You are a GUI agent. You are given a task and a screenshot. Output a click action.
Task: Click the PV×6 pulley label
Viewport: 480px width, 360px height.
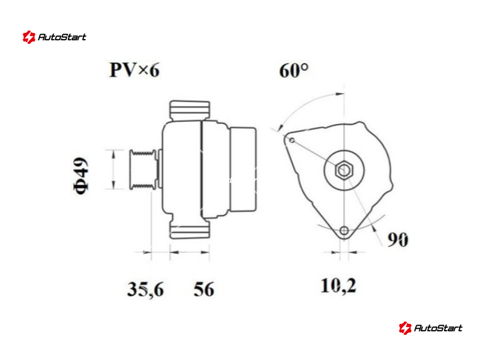click(134, 70)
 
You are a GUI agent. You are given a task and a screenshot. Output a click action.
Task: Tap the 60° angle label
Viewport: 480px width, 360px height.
click(293, 70)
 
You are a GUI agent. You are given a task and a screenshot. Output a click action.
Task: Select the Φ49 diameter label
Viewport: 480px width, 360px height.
click(81, 176)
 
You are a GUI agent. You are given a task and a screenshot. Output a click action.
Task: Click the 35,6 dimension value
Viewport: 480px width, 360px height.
click(145, 289)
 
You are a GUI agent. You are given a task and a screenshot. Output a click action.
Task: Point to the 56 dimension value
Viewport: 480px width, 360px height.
click(204, 289)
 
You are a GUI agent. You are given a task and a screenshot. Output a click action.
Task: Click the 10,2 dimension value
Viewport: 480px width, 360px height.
click(338, 286)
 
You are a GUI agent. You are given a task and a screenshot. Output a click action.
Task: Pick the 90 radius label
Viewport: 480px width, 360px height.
click(398, 239)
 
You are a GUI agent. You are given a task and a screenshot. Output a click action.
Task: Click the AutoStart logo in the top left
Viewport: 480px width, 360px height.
click(55, 37)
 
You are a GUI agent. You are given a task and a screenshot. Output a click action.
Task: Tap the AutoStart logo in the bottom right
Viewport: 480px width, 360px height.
click(430, 328)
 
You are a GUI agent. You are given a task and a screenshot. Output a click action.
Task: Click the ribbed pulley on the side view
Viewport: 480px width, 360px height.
click(142, 169)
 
